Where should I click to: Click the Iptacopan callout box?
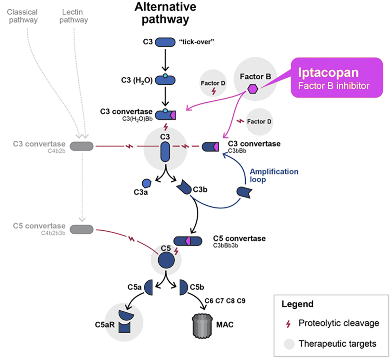[x=336, y=78]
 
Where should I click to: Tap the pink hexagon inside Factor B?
[x=253, y=89]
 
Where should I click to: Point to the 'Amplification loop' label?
[x=274, y=175]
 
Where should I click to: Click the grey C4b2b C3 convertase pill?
[x=82, y=146]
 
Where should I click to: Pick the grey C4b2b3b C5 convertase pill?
[x=82, y=229]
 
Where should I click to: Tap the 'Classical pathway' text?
[x=22, y=16]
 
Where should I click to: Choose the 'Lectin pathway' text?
[x=73, y=16]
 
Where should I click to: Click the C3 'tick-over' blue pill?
[x=165, y=42]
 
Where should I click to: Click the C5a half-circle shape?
[x=149, y=288]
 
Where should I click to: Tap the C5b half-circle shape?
[x=183, y=288]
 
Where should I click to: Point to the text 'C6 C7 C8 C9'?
[x=225, y=301]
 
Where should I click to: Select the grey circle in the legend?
[x=289, y=344]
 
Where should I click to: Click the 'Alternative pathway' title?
[x=165, y=13]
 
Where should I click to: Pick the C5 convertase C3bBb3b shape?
[x=188, y=241]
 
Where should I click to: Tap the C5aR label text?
[x=105, y=325]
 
